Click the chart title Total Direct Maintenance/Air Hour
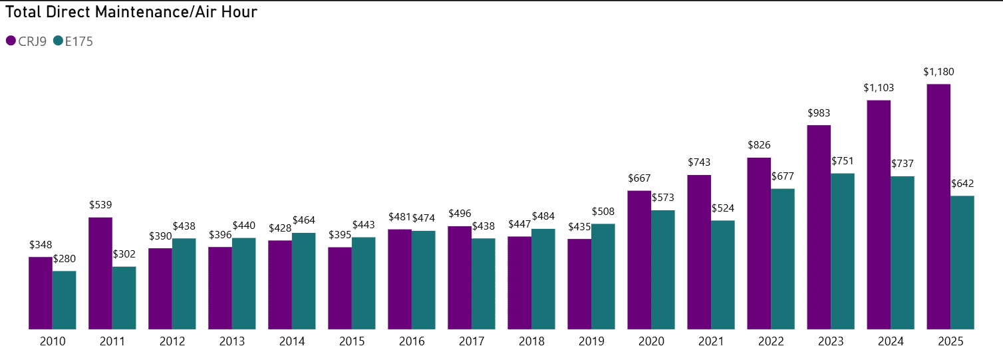[x=131, y=11]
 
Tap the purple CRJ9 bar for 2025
[x=938, y=206]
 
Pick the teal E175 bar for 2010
[x=65, y=299]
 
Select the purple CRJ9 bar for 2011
[x=100, y=273]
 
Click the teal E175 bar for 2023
[x=843, y=251]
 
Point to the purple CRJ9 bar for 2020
[x=639, y=260]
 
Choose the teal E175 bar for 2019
[x=603, y=276]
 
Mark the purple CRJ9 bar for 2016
[x=400, y=279]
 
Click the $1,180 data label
[x=938, y=72]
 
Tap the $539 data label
[x=100, y=205]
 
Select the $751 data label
[x=843, y=161]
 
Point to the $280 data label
[x=65, y=258]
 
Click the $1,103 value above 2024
[x=878, y=88]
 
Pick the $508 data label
[x=603, y=212]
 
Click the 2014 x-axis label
[x=292, y=341]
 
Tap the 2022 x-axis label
[x=771, y=341]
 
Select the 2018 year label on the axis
[x=531, y=341]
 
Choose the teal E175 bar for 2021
[x=723, y=274]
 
